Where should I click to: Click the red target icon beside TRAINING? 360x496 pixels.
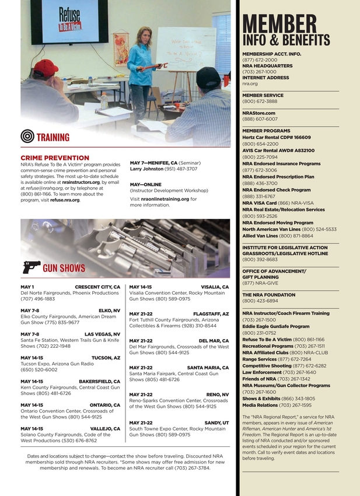[x=27, y=137]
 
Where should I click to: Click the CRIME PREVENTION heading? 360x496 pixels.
[x=55, y=158]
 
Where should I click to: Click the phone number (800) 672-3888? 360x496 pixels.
[x=260, y=101]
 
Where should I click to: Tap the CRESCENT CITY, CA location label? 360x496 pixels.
[x=97, y=287]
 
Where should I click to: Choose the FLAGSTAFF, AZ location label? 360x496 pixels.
[x=211, y=314]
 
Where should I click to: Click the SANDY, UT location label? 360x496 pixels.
[x=216, y=422]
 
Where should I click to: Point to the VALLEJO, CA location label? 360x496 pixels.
[x=105, y=428]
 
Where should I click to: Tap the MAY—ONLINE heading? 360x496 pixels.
[x=145, y=184]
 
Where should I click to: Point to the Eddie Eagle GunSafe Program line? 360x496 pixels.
[x=275, y=326]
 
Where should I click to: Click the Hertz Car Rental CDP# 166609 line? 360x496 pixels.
[x=277, y=137]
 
